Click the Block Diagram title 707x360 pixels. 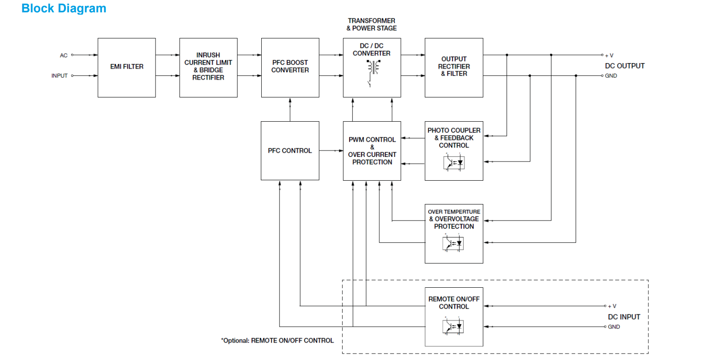pos(64,9)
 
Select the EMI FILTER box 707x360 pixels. pos(127,67)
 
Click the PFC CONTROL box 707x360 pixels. pos(290,150)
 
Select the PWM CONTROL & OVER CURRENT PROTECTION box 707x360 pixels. pos(372,150)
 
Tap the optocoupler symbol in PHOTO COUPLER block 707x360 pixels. pos(454,162)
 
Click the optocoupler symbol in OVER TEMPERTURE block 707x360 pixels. pos(453,243)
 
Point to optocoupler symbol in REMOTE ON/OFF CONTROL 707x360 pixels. pos(453,327)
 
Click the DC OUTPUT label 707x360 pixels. pos(625,66)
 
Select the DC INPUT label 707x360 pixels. pos(624,317)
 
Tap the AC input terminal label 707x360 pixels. pos(64,55)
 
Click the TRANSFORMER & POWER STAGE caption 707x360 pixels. pos(372,24)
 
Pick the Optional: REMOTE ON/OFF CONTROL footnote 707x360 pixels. pos(277,340)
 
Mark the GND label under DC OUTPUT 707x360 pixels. pos(611,76)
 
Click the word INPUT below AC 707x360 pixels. pos(59,76)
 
